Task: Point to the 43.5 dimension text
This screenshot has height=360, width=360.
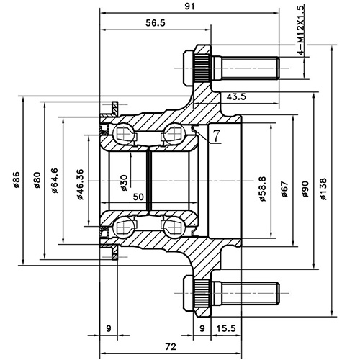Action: [x=237, y=96]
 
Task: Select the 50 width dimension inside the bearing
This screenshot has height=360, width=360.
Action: [x=138, y=197]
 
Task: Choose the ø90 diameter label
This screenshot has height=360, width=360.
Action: [x=305, y=190]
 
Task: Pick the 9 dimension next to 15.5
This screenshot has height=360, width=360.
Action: [x=201, y=329]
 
